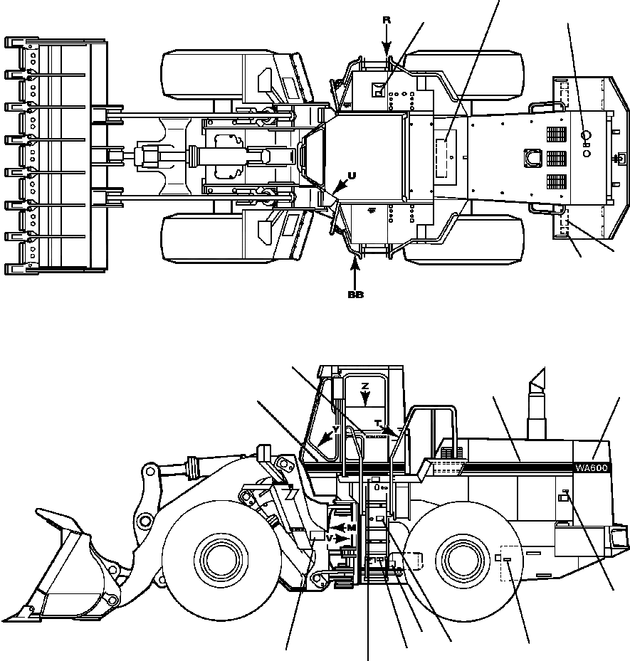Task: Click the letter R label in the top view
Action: (x=387, y=20)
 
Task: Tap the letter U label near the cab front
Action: (x=351, y=175)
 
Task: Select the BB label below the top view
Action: (x=355, y=295)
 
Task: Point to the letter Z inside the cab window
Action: (x=364, y=386)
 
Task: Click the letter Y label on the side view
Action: (x=335, y=430)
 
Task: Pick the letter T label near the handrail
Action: (x=377, y=423)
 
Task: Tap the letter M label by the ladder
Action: (x=351, y=527)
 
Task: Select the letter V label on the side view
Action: (x=329, y=538)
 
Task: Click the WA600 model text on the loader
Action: (x=592, y=467)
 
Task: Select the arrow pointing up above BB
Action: (x=355, y=270)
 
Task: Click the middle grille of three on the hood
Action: (x=556, y=158)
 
